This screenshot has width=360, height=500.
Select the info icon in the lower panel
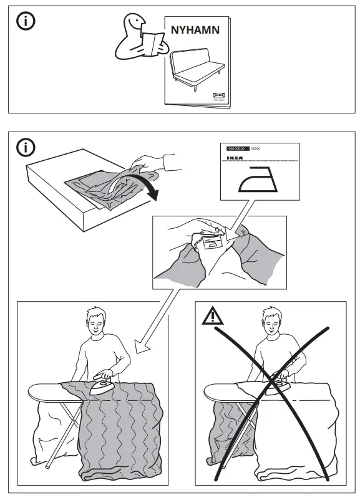coord(26,148)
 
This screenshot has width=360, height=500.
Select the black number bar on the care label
coord(236,150)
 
